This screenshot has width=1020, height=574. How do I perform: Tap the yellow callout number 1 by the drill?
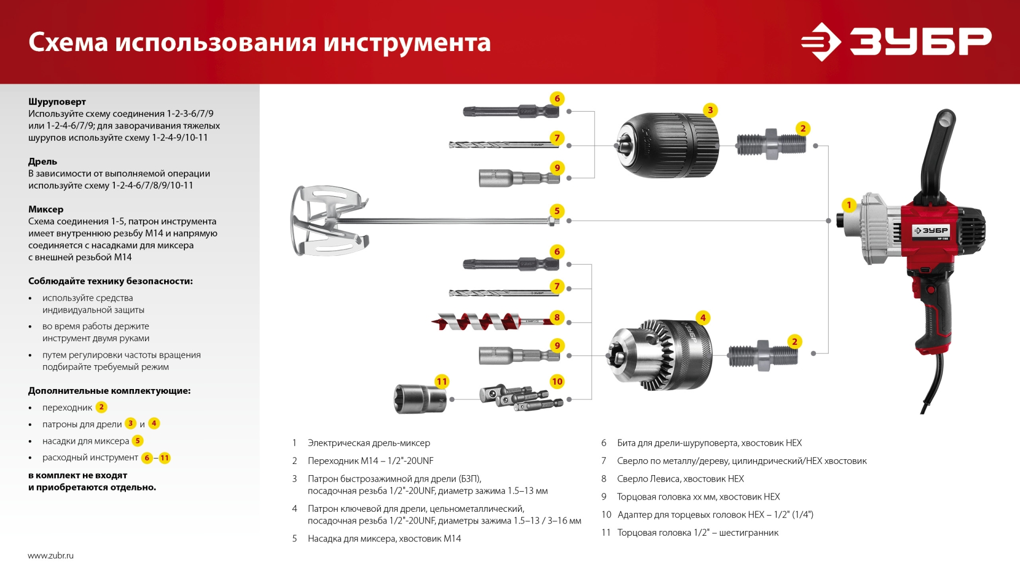[848, 205]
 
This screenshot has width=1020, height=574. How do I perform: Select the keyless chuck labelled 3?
[668, 145]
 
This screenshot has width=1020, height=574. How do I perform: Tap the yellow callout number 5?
[557, 210]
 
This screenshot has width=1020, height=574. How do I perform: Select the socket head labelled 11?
[420, 399]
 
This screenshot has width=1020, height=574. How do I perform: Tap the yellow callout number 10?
[557, 382]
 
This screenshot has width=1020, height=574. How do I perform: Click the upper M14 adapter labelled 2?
[771, 143]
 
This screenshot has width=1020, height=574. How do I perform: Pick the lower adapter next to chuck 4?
[763, 355]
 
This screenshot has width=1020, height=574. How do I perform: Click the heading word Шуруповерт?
[57, 102]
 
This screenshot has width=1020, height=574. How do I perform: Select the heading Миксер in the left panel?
[46, 209]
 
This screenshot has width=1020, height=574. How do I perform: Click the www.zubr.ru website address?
[50, 555]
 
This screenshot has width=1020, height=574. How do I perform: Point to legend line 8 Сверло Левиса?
[680, 479]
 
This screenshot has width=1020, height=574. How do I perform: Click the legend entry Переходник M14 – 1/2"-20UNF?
[370, 461]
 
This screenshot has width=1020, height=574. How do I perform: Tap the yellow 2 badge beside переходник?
[101, 407]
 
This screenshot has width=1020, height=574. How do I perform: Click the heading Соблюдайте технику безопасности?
[110, 281]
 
